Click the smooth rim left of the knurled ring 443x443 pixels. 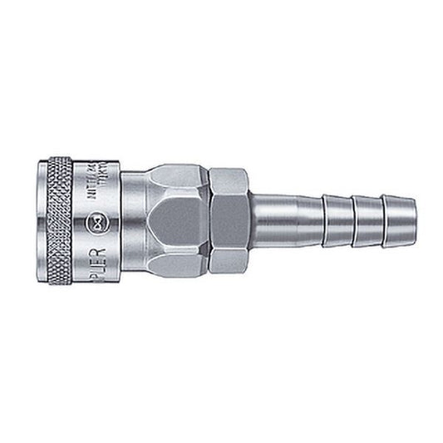tap(42, 221)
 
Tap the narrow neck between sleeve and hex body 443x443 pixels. tap(133, 221)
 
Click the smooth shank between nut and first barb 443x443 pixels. tap(283, 221)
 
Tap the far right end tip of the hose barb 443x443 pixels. tap(413, 221)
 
